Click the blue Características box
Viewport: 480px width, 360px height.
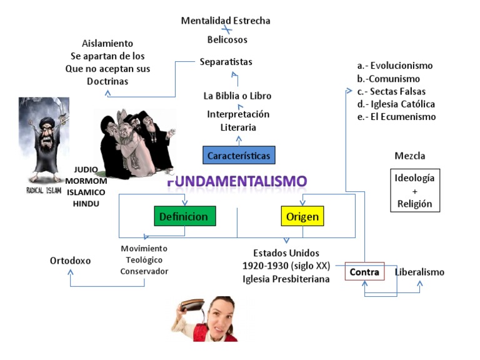click(x=238, y=154)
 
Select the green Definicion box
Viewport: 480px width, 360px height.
click(x=185, y=217)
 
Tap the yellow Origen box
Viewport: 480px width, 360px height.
click(x=302, y=217)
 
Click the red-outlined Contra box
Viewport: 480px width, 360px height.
click(x=364, y=272)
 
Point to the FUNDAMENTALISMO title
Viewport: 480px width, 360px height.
click(x=237, y=181)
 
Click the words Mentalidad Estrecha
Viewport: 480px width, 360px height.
click(x=226, y=21)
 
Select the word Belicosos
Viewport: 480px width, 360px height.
click(x=227, y=39)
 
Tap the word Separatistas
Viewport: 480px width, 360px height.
click(x=226, y=61)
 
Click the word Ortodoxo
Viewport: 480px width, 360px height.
click(x=71, y=260)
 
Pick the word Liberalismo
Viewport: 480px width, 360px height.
click(x=419, y=272)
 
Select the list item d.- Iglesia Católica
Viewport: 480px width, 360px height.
click(x=396, y=104)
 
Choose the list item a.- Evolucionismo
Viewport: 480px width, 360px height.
click(x=394, y=66)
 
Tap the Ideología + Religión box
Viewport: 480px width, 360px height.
click(x=414, y=191)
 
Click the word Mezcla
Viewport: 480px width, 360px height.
click(x=409, y=156)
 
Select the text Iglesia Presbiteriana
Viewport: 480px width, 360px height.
click(x=286, y=279)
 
